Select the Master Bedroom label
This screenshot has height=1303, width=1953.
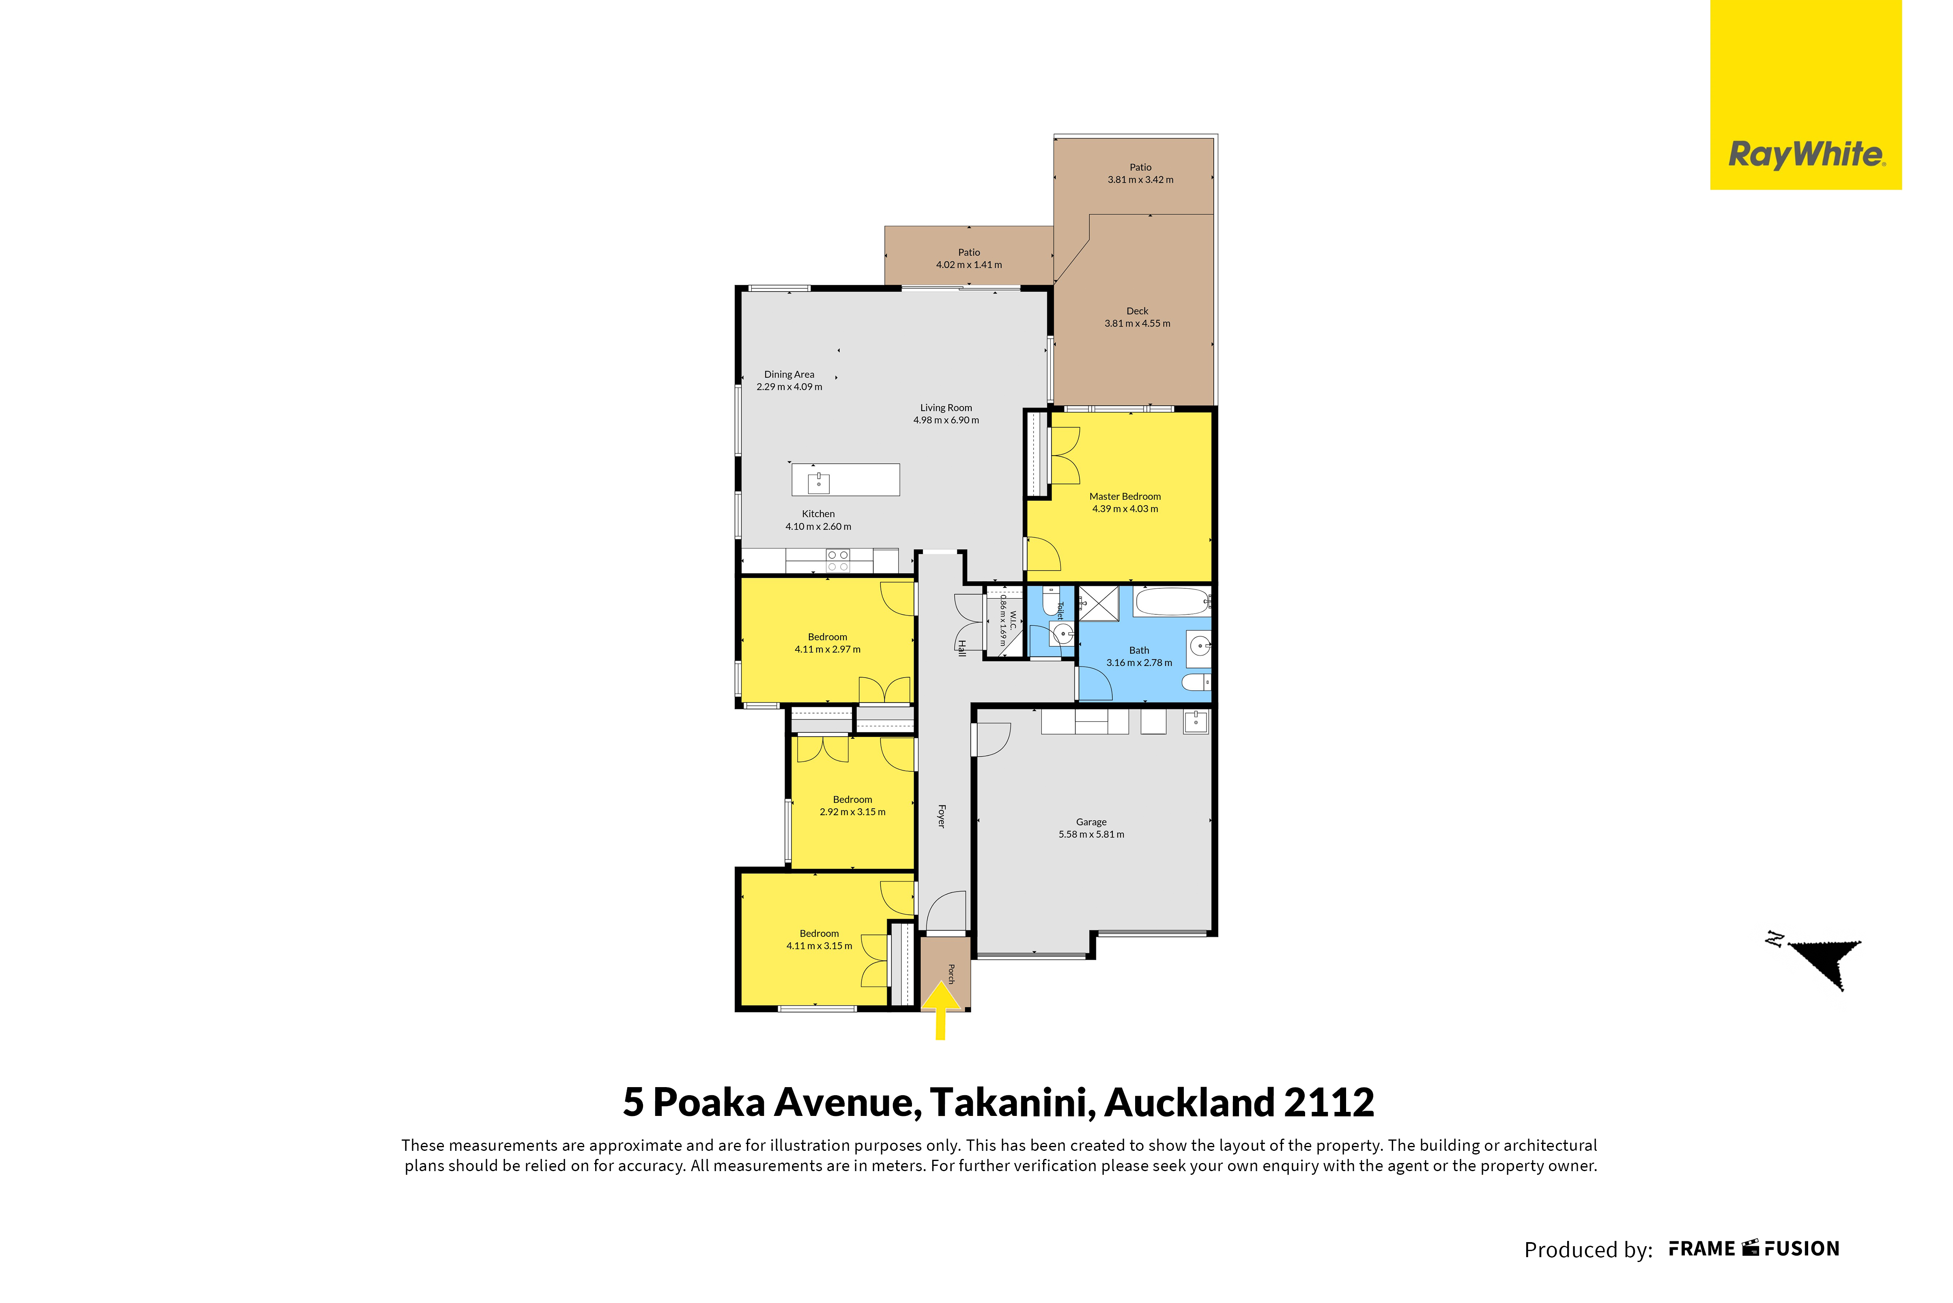pos(1125,496)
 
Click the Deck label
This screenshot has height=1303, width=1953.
pos(1137,311)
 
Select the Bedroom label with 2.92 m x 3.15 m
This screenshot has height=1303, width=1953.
pos(852,799)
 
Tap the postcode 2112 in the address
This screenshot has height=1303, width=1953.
pos(1329,1103)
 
